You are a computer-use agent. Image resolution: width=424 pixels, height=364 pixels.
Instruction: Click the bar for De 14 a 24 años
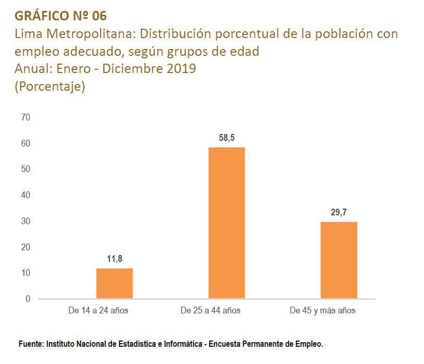114,283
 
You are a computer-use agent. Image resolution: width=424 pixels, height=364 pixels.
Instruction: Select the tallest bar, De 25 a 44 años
226,223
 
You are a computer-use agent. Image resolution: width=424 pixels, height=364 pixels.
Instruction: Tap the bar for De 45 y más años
338,260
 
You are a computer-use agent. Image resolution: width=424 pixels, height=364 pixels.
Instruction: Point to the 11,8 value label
114,258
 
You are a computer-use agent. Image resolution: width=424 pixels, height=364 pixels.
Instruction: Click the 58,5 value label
226,138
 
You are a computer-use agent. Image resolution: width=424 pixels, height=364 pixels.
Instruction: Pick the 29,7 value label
338,212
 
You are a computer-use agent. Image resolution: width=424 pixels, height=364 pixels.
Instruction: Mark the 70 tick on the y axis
26,117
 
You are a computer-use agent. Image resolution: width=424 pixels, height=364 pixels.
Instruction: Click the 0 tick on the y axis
28,299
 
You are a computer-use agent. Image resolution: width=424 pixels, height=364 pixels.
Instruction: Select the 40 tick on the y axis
26,195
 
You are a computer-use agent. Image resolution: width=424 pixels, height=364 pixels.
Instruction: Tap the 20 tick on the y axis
26,247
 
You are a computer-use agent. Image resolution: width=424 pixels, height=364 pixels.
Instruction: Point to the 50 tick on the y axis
26,169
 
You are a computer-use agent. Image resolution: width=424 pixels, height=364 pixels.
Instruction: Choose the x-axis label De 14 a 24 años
98,311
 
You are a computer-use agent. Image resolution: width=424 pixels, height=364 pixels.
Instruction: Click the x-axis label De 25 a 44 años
210,311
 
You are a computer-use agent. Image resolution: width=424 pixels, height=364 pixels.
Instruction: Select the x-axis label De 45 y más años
322,311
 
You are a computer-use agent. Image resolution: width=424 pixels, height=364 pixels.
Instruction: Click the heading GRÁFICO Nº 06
61,15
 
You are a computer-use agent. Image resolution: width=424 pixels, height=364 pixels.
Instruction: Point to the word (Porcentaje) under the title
50,86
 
